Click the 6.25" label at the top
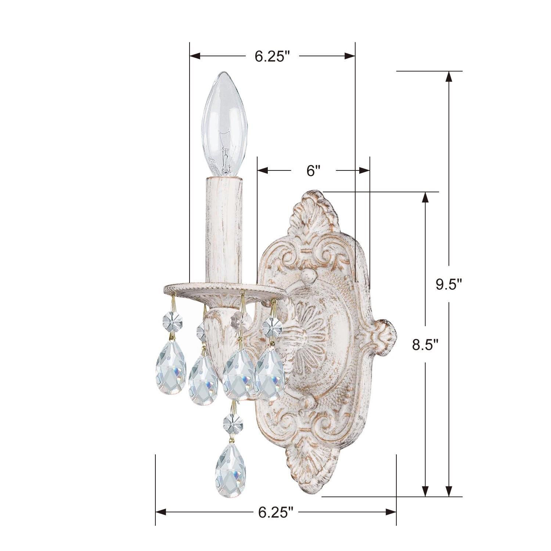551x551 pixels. point(272,56)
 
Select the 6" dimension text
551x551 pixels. point(313,171)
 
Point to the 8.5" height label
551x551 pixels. point(425,346)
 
